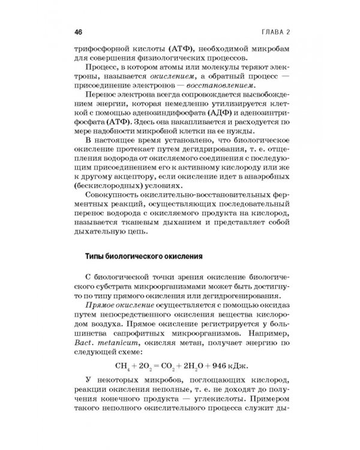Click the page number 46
pos(78,31)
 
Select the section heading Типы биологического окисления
pos(142,256)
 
